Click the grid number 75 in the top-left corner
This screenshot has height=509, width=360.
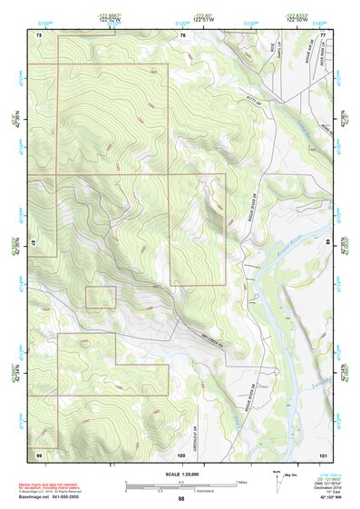click(x=39, y=34)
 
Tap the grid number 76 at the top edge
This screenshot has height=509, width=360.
click(x=182, y=34)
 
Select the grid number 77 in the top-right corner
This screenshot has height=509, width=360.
click(x=322, y=34)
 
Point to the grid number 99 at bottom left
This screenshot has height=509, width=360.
click(x=39, y=454)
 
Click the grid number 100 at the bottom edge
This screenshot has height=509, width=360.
click(x=181, y=454)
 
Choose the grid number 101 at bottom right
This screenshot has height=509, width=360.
click(x=322, y=454)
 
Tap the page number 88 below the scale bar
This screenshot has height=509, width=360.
click(x=181, y=498)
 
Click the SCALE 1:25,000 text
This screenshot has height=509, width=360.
click(x=180, y=475)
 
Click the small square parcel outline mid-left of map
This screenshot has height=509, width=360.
click(x=101, y=298)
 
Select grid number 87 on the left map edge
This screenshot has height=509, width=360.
click(x=34, y=243)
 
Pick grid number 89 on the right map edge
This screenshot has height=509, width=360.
click(x=327, y=243)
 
